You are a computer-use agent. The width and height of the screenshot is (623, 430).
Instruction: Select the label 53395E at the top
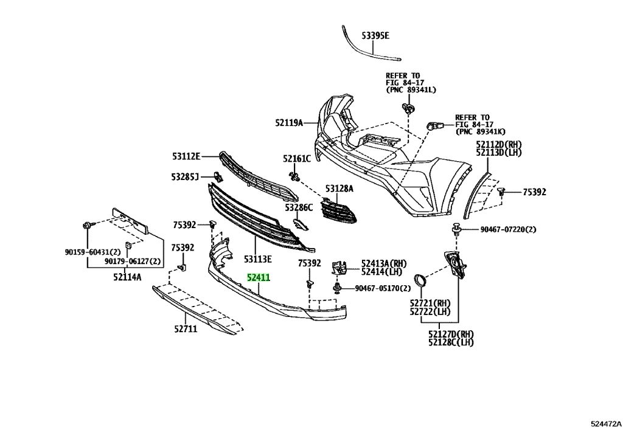pyautogui.click(x=372, y=36)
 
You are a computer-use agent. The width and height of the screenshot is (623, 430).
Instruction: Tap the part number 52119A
pyautogui.click(x=288, y=123)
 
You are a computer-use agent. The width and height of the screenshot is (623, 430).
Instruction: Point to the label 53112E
pyautogui.click(x=186, y=156)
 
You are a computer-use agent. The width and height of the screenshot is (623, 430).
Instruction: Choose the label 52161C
pyautogui.click(x=296, y=159)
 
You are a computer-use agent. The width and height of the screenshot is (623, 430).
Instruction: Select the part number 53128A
pyautogui.click(x=338, y=189)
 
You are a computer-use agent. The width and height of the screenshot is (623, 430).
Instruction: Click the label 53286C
pyautogui.click(x=298, y=207)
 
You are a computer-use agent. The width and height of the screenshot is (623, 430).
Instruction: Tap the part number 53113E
pyautogui.click(x=258, y=259)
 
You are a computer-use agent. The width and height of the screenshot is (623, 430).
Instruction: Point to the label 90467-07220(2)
pyautogui.click(x=508, y=229)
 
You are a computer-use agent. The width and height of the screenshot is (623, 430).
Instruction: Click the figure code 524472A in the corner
pyautogui.click(x=605, y=421)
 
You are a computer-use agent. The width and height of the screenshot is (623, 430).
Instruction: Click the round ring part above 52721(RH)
pyautogui.click(x=420, y=282)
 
